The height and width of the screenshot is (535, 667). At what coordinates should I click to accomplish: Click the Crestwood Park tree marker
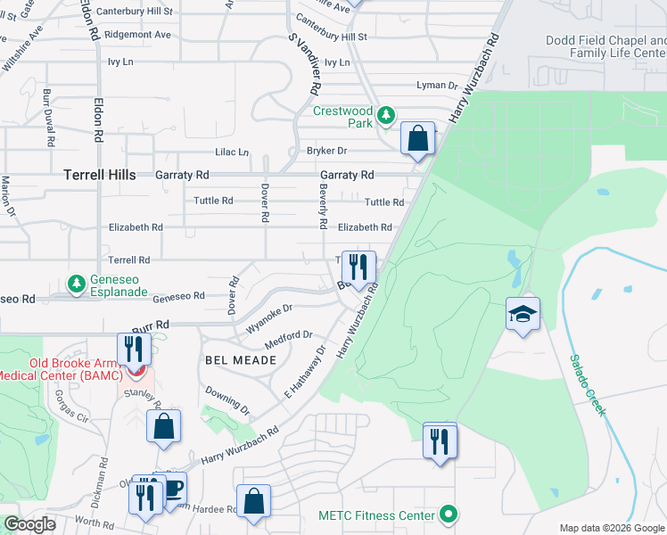pos(385,115)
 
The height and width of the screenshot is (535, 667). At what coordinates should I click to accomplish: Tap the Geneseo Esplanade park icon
pos(78,284)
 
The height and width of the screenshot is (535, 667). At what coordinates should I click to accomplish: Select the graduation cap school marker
pos(523,314)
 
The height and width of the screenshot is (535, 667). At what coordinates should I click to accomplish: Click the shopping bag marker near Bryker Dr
pos(416,138)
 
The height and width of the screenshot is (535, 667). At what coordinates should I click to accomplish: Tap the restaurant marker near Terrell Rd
pos(358,267)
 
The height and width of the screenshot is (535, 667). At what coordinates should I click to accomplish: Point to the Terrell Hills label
pos(98,176)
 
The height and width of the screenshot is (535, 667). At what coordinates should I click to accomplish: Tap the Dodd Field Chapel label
pos(605,47)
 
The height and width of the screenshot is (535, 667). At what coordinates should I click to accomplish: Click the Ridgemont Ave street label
pos(137,35)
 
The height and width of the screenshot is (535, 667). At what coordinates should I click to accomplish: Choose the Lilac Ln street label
pos(231,152)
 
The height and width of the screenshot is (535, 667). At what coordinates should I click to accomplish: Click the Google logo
pos(29,524)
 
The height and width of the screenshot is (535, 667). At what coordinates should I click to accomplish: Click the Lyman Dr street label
pos(437,86)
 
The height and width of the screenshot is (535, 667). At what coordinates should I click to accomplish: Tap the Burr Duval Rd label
pos(49,119)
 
